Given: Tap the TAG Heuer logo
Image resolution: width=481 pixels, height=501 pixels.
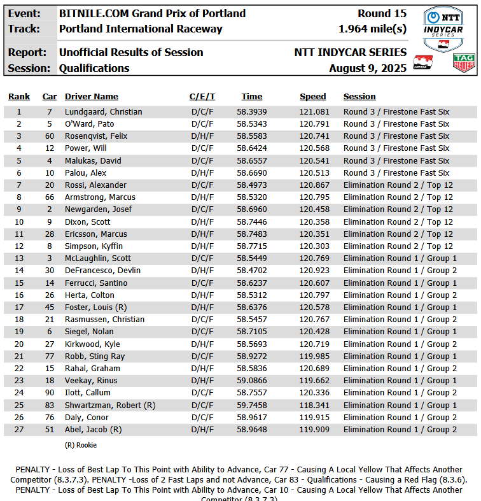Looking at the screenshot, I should pyautogui.click(x=463, y=62).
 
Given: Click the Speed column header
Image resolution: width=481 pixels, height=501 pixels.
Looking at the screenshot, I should pyautogui.click(x=313, y=97).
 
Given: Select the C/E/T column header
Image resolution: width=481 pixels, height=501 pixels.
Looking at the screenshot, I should pyautogui.click(x=202, y=97).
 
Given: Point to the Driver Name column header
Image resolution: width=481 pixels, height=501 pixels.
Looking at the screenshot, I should pyautogui.click(x=92, y=97).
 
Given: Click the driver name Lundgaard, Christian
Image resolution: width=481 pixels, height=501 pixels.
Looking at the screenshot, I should pyautogui.click(x=103, y=112).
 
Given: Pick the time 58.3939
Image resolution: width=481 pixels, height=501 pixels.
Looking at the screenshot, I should pyautogui.click(x=252, y=112).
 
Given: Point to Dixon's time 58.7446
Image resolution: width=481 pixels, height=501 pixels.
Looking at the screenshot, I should pyautogui.click(x=252, y=222).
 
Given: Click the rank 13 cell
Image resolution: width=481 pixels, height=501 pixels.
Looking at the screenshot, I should pyautogui.click(x=19, y=258).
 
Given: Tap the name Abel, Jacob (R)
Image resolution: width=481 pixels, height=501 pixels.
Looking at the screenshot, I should pyautogui.click(x=93, y=430).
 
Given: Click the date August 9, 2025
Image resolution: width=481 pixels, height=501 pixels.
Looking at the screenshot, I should pyautogui.click(x=368, y=68).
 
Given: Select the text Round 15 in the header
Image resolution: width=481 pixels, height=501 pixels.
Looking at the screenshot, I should pyautogui.click(x=382, y=13).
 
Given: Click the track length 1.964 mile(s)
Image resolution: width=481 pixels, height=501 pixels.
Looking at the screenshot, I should pyautogui.click(x=372, y=29).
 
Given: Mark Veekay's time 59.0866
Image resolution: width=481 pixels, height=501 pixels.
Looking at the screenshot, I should pyautogui.click(x=252, y=381).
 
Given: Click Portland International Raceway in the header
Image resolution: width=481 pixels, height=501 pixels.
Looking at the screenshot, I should pyautogui.click(x=141, y=29).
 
